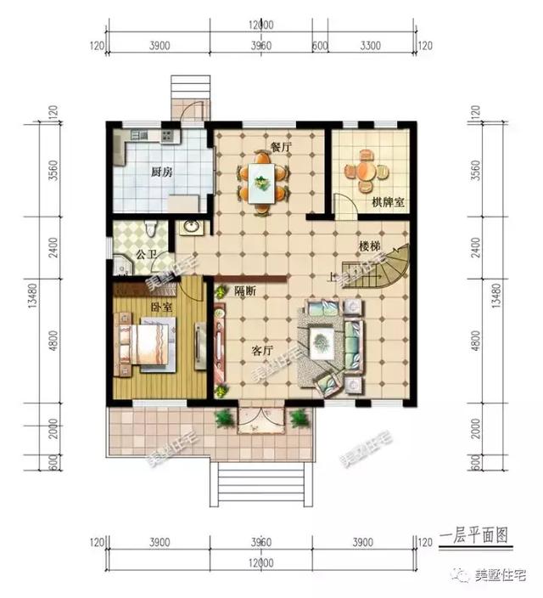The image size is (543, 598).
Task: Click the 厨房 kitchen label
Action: tap(162, 172)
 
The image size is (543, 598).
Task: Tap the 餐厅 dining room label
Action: tap(281, 146)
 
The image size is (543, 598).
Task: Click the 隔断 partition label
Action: tap(245, 291)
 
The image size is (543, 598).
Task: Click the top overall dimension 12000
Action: tap(261, 24)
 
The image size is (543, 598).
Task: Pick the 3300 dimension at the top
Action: tap(370, 46)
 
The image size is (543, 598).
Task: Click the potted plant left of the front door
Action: tap(224, 417)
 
